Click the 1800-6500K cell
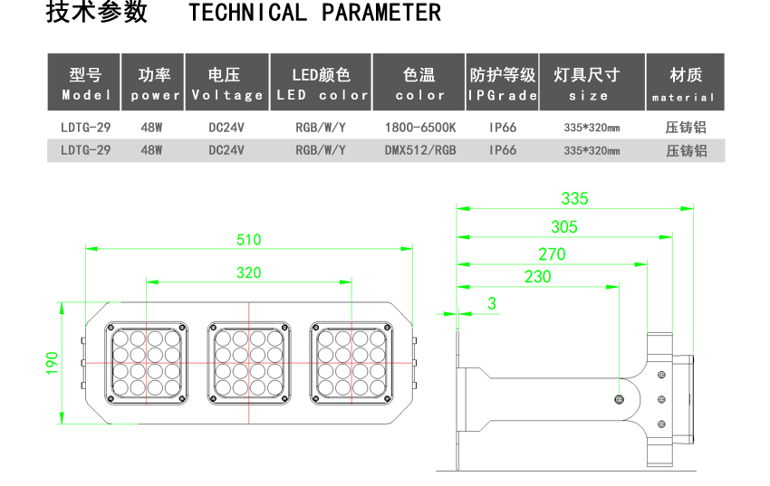coord(419,128)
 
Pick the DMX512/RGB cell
coord(419,150)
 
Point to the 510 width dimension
coord(248,240)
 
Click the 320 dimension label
coord(248,272)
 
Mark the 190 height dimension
coord(53,363)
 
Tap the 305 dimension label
coord(563,227)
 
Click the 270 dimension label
coord(551,254)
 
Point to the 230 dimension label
coord(537,277)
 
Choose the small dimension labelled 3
coord(492,304)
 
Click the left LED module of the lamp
coord(146,363)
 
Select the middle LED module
coord(248,363)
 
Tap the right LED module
coord(351,363)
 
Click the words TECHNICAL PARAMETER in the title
coord(314,14)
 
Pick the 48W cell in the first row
coord(151,128)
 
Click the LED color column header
coord(322,83)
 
